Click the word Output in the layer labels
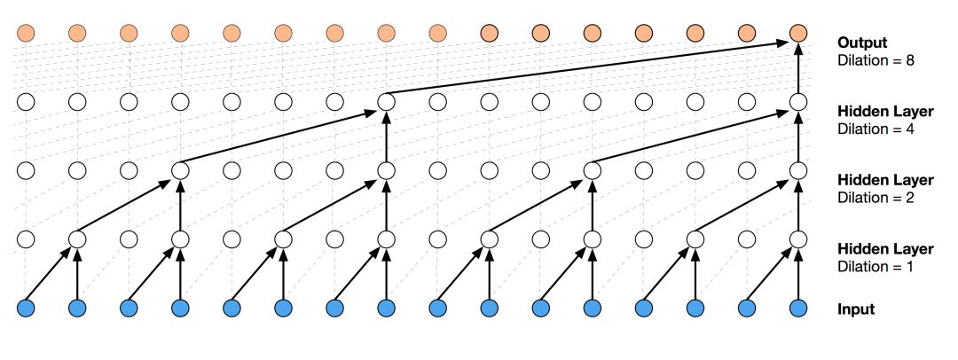862,43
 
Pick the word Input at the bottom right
856,309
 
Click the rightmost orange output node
798,34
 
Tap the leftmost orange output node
26,34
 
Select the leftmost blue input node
26,309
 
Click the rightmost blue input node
798,309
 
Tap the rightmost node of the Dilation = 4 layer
798,102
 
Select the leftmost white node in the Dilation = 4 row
26,102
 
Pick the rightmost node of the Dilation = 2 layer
798,170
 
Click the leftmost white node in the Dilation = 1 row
26,239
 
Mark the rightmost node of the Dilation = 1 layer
798,239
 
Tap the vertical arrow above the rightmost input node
798,275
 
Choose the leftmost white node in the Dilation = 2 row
26,170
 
